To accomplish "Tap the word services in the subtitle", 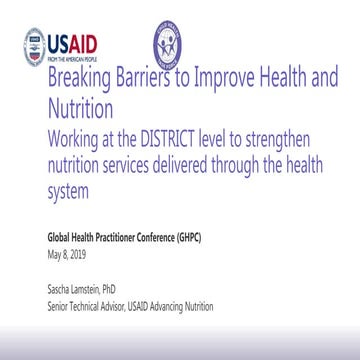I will click(148, 155).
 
